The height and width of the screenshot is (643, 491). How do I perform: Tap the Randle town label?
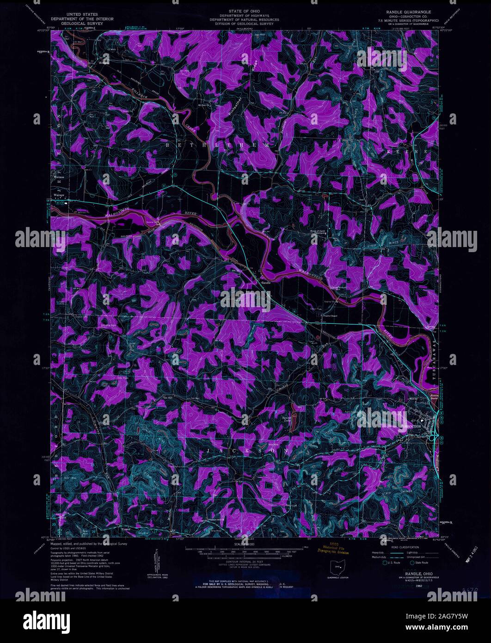(265, 282)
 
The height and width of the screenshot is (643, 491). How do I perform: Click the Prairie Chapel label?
(330, 316)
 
